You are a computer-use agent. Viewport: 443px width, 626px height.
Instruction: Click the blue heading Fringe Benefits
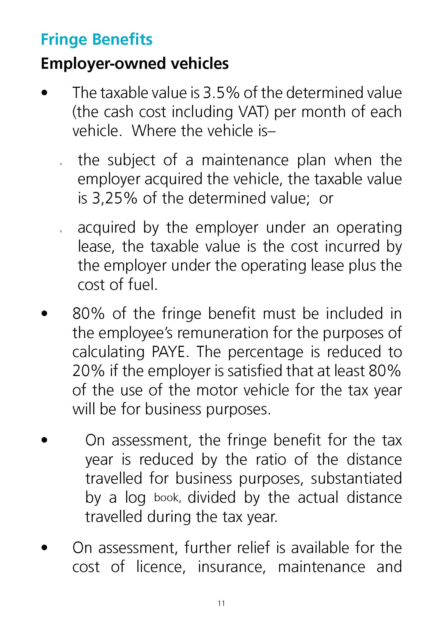pyautogui.click(x=97, y=40)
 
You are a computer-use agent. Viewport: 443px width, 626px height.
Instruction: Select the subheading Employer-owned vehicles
pyautogui.click(x=134, y=64)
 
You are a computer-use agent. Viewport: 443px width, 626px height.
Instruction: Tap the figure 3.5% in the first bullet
pyautogui.click(x=221, y=93)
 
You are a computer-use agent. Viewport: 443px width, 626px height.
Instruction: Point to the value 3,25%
pyautogui.click(x=115, y=198)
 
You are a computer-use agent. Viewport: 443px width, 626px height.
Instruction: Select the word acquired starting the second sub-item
pyautogui.click(x=106, y=228)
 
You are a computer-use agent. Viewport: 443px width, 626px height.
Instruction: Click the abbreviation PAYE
pyautogui.click(x=170, y=352)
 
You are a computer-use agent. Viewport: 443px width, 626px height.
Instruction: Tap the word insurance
pyautogui.click(x=232, y=567)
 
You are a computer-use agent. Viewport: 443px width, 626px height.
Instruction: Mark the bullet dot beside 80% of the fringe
pyautogui.click(x=44, y=314)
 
